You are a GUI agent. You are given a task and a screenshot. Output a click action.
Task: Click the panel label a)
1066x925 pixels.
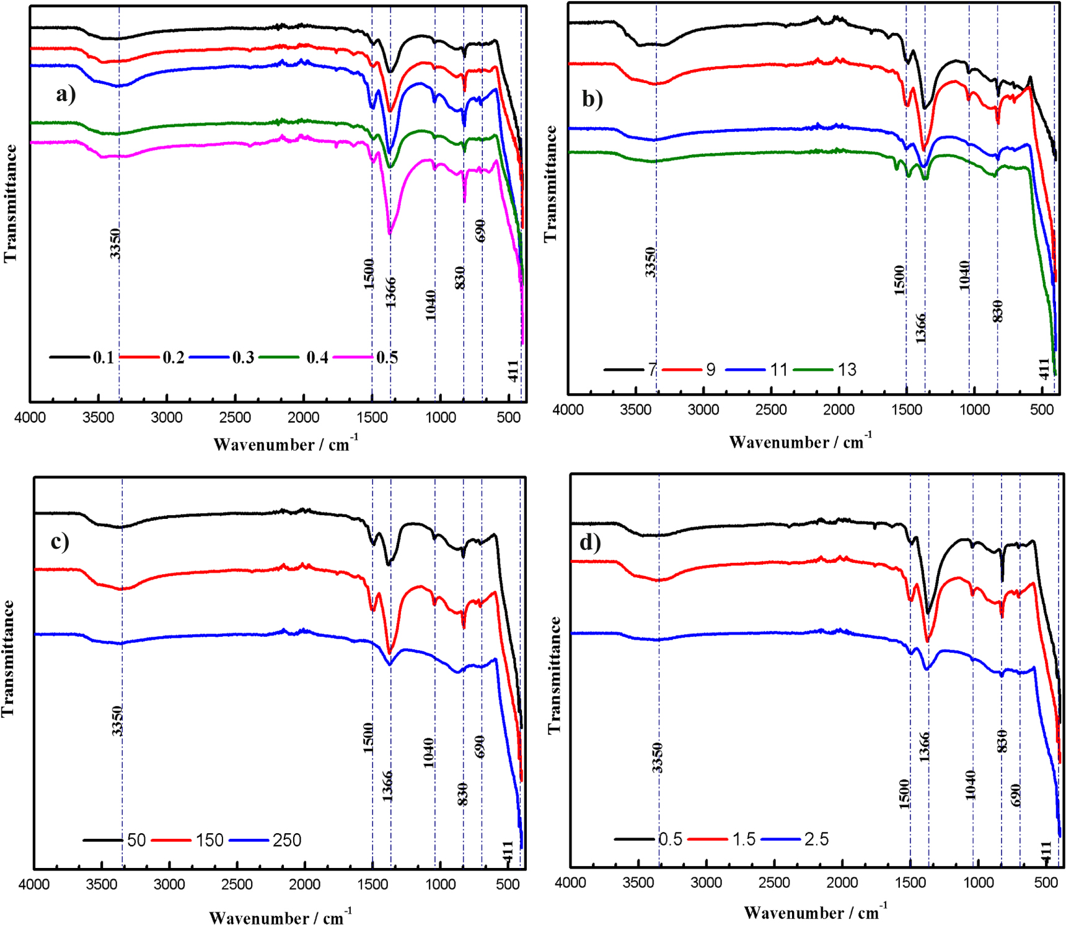pyautogui.click(x=66, y=94)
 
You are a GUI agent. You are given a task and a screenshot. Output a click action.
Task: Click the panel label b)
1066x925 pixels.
pyautogui.click(x=592, y=99)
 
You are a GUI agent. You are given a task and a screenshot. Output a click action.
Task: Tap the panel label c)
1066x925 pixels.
pyautogui.click(x=59, y=541)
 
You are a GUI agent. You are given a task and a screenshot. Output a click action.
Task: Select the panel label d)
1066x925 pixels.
pyautogui.click(x=589, y=542)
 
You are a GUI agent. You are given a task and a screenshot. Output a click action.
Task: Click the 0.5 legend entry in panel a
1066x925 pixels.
pyautogui.click(x=387, y=357)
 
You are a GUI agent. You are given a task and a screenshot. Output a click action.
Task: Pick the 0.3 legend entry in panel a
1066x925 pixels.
pyautogui.click(x=243, y=357)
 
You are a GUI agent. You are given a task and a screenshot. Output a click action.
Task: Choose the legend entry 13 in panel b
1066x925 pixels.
pyautogui.click(x=847, y=370)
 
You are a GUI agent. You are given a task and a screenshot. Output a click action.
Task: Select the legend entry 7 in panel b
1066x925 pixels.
pyautogui.click(x=652, y=370)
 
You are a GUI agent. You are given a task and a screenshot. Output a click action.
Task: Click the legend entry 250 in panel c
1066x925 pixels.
pyautogui.click(x=286, y=840)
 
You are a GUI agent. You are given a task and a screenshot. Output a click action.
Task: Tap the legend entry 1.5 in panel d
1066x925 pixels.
pyautogui.click(x=744, y=839)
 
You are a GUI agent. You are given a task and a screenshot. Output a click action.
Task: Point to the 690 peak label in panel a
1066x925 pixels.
pyautogui.click(x=480, y=231)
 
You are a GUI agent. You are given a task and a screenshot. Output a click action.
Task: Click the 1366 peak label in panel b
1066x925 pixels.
pyautogui.click(x=921, y=328)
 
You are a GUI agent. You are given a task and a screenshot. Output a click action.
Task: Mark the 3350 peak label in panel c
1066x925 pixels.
pyautogui.click(x=117, y=720)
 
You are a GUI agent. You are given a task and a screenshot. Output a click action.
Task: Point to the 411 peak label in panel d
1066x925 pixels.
pyautogui.click(x=1046, y=851)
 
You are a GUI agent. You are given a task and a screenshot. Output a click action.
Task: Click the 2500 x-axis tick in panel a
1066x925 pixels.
pyautogui.click(x=235, y=417)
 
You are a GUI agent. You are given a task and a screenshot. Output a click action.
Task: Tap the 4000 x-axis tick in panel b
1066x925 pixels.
pyautogui.click(x=568, y=410)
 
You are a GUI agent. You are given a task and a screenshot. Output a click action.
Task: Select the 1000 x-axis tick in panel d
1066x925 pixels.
pyautogui.click(x=978, y=882)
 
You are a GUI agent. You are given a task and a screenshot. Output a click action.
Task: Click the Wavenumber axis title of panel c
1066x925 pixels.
pyautogui.click(x=280, y=917)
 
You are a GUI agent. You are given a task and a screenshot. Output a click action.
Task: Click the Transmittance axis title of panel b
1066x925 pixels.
pyautogui.click(x=550, y=184)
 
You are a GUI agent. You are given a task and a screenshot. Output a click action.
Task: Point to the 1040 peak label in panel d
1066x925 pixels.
pyautogui.click(x=971, y=784)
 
